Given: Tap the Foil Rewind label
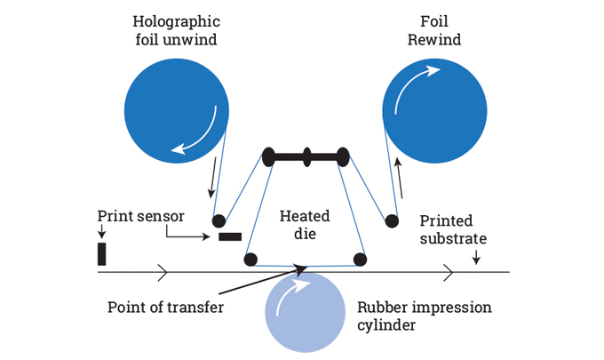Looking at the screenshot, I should tap(435, 28).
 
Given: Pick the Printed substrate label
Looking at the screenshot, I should tap(453, 229).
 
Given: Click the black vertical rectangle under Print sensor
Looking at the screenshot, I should tap(102, 253).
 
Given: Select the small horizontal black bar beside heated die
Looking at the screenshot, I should tap(230, 236).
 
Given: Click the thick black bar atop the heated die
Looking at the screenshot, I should tap(306, 157).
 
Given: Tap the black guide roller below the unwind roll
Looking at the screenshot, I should tap(219, 220).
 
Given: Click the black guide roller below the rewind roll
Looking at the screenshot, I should tap(390, 220).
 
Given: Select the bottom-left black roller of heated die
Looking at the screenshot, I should tap(250, 260).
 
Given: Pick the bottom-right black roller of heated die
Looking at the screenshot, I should tap(360, 260).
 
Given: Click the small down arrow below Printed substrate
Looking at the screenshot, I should tap(477, 258).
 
